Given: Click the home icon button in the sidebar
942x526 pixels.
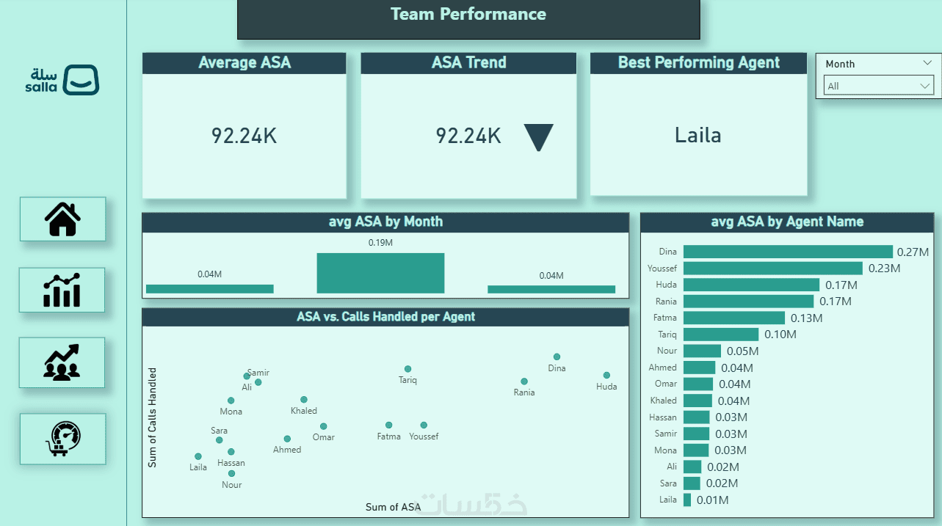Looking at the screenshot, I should coord(62,219).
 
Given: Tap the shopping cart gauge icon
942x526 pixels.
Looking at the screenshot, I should coord(62,439).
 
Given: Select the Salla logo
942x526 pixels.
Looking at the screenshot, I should coord(62,80).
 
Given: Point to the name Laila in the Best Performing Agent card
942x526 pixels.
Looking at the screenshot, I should coord(698,135).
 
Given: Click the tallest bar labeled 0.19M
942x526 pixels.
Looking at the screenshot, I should coord(380,273).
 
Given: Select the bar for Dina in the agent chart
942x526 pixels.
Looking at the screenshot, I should coord(787,252).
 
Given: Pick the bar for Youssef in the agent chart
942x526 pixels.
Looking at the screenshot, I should coord(772,269).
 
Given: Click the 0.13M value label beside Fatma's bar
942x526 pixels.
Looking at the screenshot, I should coord(806,318).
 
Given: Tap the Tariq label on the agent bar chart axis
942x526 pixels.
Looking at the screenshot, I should coord(667,335).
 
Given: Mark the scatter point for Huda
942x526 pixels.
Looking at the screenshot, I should coord(606,376).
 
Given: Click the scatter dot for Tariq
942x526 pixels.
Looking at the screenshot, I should coord(407,369).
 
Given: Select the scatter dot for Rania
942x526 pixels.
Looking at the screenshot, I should coord(524,381).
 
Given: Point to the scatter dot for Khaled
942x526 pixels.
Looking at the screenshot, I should coord(304,400).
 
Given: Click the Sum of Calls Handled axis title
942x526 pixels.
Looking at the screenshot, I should coord(153,417).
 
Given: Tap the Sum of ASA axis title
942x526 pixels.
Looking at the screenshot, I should coord(393,507).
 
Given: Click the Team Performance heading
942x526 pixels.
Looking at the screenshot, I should coord(468,15).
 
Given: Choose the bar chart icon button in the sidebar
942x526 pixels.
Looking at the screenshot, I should coord(62,290).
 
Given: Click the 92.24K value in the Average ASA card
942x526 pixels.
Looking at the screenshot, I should coord(244,136).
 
